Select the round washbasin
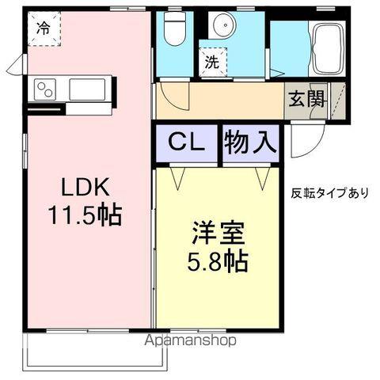[x=224, y=27]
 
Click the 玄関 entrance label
[x=305, y=100]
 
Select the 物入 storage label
[x=251, y=143]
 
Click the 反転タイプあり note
[x=329, y=192]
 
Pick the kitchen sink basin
[x=87, y=89]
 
